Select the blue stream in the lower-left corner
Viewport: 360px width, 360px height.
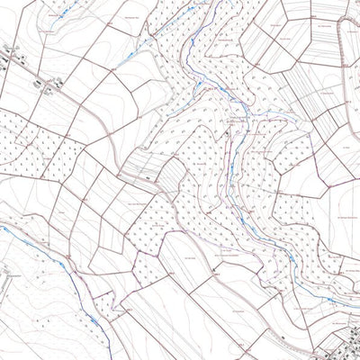(x=85, y=297)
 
